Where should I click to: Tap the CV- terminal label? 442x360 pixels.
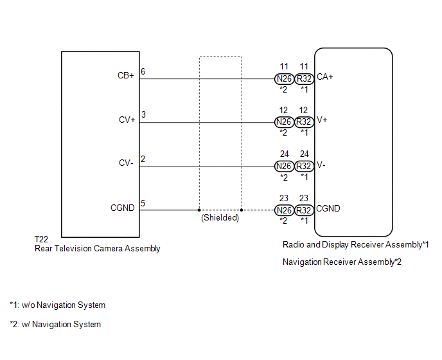tap(126, 163)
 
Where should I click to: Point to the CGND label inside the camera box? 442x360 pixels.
tap(123, 208)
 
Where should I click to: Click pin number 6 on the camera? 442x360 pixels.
tap(143, 71)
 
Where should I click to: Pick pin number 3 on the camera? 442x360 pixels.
tap(143, 115)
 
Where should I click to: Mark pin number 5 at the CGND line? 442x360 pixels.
tap(143, 204)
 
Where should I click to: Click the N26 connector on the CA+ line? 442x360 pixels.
tap(284, 78)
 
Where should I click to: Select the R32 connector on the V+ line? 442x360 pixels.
tap(305, 122)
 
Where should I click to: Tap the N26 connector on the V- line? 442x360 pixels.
tap(284, 166)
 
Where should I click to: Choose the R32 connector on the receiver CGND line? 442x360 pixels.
tap(305, 210)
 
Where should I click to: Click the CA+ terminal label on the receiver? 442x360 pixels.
tap(325, 77)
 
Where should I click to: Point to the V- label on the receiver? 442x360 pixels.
tap(323, 165)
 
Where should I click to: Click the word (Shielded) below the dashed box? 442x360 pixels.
tap(220, 218)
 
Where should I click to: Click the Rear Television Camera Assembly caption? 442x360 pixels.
tap(97, 248)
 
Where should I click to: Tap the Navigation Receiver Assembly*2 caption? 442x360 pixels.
tap(342, 262)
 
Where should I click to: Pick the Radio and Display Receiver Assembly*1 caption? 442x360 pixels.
tap(355, 245)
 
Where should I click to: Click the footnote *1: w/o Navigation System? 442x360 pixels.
tap(57, 305)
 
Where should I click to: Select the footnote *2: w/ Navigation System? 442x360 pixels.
tap(55, 325)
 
